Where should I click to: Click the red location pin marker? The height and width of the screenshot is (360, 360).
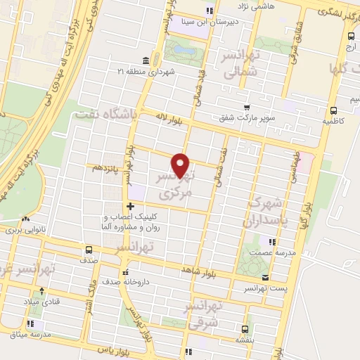point(181,165)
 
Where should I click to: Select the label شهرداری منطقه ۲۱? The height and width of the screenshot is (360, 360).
point(164,71)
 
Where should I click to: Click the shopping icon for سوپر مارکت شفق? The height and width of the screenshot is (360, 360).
point(245,108)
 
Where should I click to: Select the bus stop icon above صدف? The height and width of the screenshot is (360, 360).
point(89,249)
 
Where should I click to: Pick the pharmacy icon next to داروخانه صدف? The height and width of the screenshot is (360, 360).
point(125,272)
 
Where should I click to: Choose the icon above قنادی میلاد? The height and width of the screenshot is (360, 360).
point(41,290)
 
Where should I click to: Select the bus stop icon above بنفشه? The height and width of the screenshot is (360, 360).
point(245,328)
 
